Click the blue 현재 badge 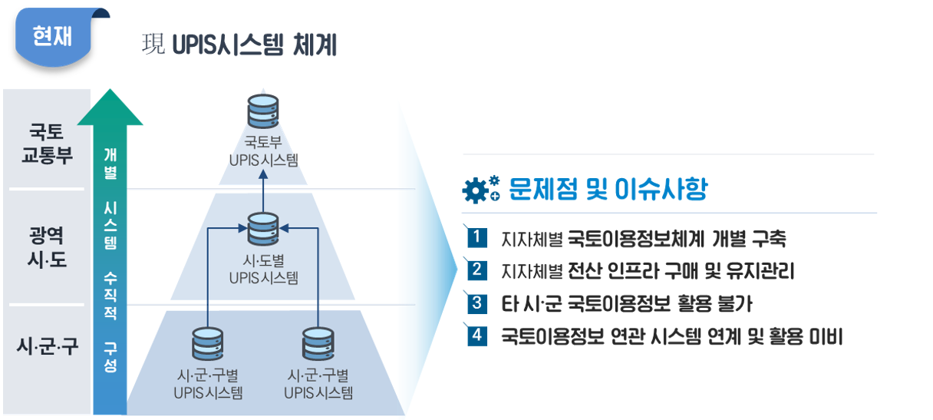tap(52, 36)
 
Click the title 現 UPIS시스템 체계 tap(240, 45)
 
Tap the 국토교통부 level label tap(47, 144)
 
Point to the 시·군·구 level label tap(47, 346)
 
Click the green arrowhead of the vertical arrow tap(110, 108)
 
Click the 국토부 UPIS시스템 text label tap(263, 150)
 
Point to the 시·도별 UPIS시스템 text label tap(263, 269)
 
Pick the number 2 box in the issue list tap(476, 270)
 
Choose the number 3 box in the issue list tap(476, 303)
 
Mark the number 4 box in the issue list tap(476, 336)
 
